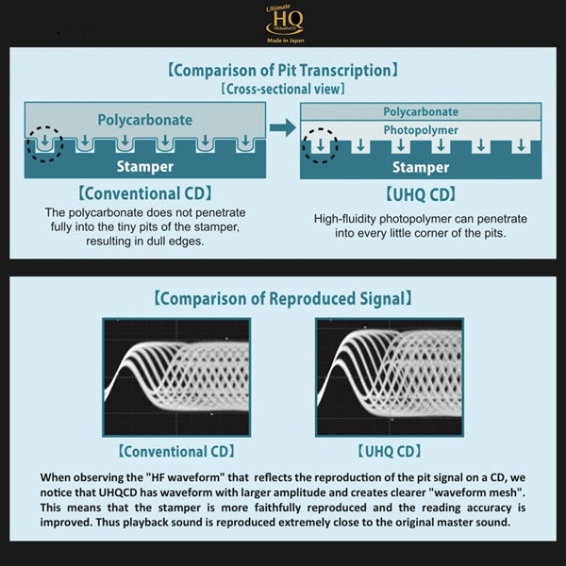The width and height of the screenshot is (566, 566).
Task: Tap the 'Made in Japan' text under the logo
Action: pyautogui.click(x=286, y=41)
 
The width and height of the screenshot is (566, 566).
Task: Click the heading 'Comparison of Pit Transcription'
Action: pyautogui.click(x=283, y=70)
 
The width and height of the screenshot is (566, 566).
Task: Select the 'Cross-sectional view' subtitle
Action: pyautogui.click(x=283, y=89)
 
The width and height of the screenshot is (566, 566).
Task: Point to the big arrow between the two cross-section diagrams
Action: pyautogui.click(x=283, y=127)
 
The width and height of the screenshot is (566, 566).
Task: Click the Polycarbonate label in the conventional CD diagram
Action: pyautogui.click(x=145, y=120)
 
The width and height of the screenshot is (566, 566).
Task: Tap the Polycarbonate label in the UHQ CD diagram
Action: pyautogui.click(x=421, y=112)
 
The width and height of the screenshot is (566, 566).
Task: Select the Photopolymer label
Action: pyautogui.click(x=421, y=130)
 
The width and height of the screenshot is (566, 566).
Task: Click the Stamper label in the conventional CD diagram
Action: pyautogui.click(x=145, y=166)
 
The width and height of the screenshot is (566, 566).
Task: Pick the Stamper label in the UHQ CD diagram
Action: pyautogui.click(x=421, y=167)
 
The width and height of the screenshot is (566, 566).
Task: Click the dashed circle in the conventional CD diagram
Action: pyautogui.click(x=44, y=143)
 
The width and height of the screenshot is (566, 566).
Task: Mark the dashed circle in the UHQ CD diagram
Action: pyautogui.click(x=320, y=145)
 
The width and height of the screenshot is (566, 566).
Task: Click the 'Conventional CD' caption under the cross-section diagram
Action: pyautogui.click(x=145, y=193)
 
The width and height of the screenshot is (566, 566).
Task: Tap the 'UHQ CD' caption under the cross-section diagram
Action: pyautogui.click(x=421, y=195)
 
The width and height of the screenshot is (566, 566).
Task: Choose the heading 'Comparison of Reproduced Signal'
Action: pyautogui.click(x=283, y=298)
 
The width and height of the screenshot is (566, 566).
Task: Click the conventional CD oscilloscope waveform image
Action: pyautogui.click(x=176, y=377)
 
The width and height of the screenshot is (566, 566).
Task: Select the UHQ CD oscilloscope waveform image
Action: pyautogui.click(x=390, y=377)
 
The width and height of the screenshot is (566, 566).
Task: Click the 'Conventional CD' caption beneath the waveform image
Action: pyautogui.click(x=176, y=451)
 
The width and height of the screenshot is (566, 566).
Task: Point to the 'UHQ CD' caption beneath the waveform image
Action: pyautogui.click(x=390, y=451)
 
